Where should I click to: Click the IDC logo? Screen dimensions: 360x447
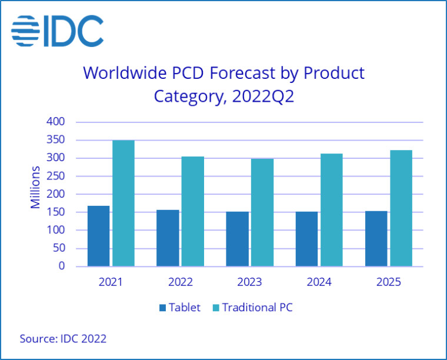click(57, 31)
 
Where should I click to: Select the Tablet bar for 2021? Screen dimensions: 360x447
click(98, 236)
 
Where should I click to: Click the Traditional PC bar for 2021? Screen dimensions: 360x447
click(124, 203)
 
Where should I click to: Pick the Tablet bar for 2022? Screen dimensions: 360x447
click(168, 238)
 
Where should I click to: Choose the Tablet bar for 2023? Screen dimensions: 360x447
click(237, 239)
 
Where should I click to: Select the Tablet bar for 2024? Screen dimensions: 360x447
click(306, 239)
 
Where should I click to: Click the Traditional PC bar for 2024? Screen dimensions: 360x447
click(332, 210)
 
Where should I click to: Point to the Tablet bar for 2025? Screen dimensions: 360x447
click(376, 238)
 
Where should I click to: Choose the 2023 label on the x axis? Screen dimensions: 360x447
click(249, 282)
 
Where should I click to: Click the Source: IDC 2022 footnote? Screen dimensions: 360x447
click(63, 339)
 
